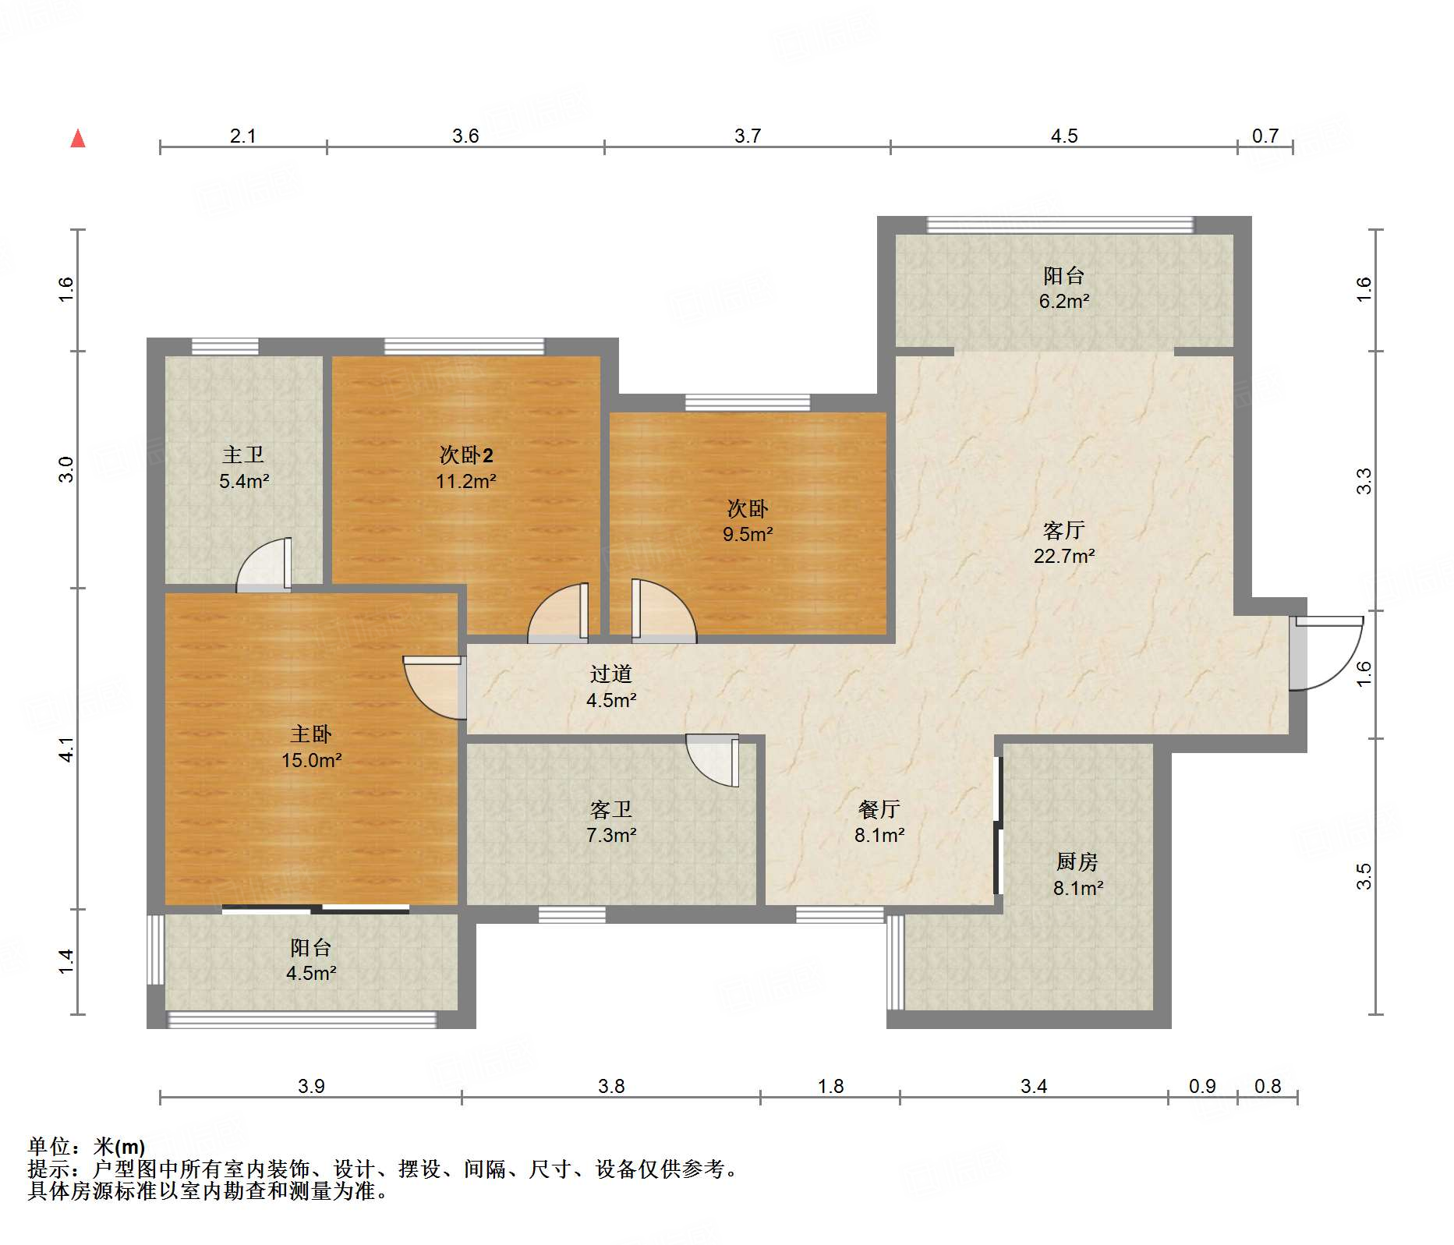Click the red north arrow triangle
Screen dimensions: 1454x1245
(78, 139)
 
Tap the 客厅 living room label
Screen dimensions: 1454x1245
(1063, 531)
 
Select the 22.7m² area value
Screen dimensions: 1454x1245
(1064, 556)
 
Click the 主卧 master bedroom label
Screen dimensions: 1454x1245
(311, 734)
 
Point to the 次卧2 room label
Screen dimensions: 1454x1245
(466, 455)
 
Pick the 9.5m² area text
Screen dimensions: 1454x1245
(748, 534)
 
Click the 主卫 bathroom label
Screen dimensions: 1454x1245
(243, 455)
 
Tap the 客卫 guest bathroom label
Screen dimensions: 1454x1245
(610, 810)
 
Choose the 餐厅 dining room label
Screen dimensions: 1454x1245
(879, 810)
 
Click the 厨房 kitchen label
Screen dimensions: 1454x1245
(1077, 862)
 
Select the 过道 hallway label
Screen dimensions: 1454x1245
(610, 674)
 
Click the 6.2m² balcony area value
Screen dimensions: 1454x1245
(1064, 301)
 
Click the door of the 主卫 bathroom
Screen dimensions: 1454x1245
(264, 563)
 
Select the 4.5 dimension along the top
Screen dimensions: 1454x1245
(1064, 136)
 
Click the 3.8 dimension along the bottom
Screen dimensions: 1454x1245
(611, 1087)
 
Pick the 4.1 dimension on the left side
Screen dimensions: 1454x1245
(67, 749)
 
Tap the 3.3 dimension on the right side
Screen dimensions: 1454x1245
(1364, 481)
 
